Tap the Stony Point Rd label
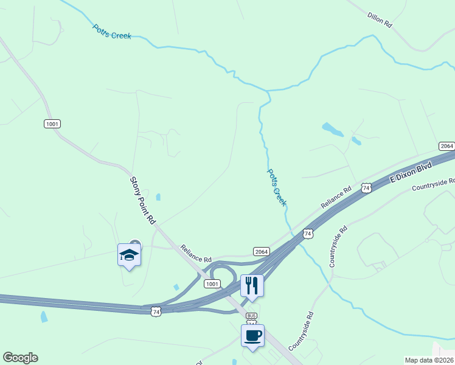coord(144,200)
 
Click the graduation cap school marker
coord(129,254)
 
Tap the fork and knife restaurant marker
coord(252,285)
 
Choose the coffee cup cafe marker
coord(252,335)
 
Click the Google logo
coord(20,358)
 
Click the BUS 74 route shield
coord(251,319)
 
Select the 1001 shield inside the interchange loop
coord(212,284)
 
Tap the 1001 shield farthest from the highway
coord(52,123)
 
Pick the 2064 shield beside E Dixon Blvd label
coord(446,146)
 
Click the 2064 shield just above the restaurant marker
coord(262,251)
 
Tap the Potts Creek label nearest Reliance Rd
coord(276,187)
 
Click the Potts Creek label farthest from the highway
coord(112,32)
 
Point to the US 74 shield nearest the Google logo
coord(156,311)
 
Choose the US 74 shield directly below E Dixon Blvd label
coord(366,188)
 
